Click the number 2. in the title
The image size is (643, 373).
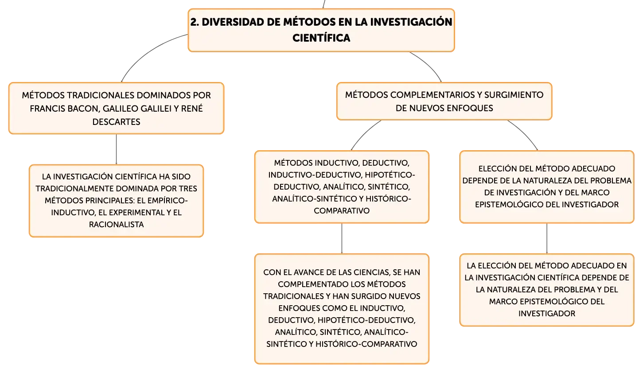point(195,22)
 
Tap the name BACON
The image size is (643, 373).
point(84,109)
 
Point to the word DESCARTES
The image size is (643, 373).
point(116,122)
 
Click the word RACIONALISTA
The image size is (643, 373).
point(116,224)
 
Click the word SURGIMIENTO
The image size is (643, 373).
point(514,95)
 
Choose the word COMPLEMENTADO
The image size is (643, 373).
point(313,284)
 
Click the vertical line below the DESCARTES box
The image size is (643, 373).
point(116,149)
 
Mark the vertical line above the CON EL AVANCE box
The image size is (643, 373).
point(342,238)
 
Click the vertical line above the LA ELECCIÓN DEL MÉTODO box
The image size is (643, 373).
point(547,238)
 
